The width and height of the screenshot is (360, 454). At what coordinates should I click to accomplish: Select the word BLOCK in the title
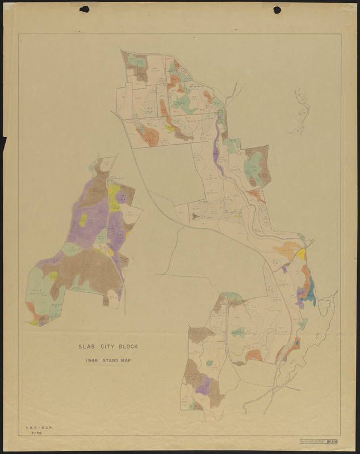(x=128, y=346)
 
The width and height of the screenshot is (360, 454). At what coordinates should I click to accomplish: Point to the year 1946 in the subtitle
(x=93, y=360)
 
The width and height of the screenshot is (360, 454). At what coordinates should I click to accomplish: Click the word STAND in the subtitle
(x=110, y=360)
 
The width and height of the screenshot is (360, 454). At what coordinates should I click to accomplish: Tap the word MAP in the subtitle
(x=126, y=360)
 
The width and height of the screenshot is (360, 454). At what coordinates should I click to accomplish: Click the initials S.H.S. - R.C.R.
(x=35, y=426)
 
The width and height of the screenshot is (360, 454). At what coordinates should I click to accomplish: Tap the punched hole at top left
(x=85, y=9)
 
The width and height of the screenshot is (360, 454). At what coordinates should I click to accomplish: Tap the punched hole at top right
(x=277, y=10)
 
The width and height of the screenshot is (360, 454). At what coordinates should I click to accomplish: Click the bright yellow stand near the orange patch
(x=302, y=254)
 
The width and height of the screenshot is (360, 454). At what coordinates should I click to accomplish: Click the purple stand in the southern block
(x=203, y=386)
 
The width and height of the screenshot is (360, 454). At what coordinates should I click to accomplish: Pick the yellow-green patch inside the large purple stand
(x=83, y=220)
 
